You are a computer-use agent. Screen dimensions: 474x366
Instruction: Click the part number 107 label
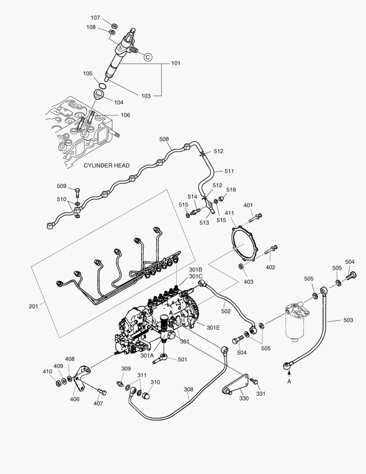coord(95,18)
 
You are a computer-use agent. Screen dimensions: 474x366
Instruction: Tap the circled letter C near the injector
coord(148,57)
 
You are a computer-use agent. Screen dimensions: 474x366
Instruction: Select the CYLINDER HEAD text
coord(107,165)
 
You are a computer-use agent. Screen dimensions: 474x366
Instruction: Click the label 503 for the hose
coord(348,320)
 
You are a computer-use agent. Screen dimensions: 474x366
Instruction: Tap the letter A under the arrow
coord(289,382)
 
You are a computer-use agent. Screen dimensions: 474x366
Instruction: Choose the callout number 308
coord(188,389)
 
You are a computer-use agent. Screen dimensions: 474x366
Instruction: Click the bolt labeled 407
coord(101,391)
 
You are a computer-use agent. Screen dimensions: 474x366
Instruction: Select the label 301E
coord(213,327)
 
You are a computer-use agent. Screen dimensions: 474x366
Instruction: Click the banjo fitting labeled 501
coord(164,359)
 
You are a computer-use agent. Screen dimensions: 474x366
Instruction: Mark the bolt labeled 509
coord(78,192)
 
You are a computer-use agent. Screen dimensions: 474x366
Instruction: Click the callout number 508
coord(164,139)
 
